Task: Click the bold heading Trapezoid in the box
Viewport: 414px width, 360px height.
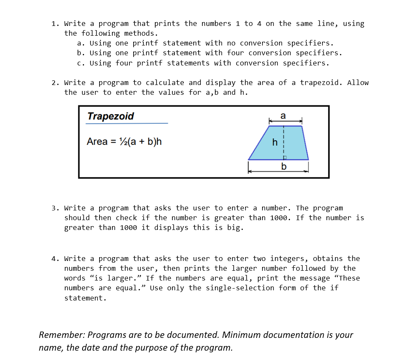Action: click(110, 116)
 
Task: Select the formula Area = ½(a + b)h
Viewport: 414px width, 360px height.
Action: click(124, 142)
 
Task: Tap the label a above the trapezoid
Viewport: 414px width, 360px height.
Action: click(283, 116)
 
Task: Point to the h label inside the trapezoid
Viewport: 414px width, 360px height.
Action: click(275, 142)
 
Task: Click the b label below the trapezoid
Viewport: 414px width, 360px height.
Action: click(284, 166)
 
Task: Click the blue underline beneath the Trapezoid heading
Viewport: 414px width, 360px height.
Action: click(127, 124)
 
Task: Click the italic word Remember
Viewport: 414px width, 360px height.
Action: click(60, 335)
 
